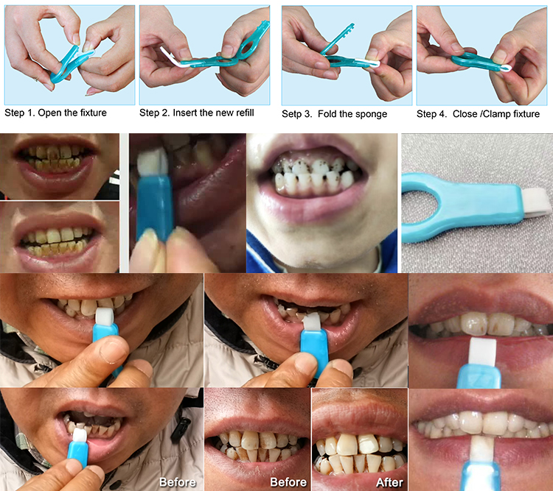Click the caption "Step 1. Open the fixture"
point(55,113)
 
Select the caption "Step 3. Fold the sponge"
point(335,114)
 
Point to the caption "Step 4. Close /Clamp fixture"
point(478,114)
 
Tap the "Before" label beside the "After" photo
point(288,482)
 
